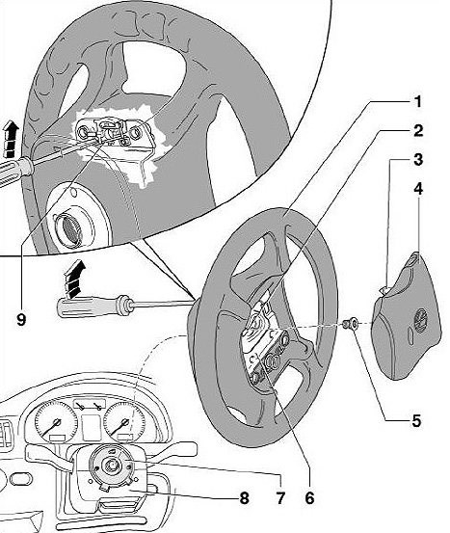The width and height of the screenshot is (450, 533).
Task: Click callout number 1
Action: pos(417,101)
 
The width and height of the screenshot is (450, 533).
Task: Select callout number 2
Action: pos(418,131)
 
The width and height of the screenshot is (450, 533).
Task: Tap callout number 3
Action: pos(418,159)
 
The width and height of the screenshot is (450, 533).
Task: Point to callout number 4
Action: pos(418,188)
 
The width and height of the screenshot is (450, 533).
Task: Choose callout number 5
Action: pos(416,421)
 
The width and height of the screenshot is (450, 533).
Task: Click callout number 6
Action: pos(309,498)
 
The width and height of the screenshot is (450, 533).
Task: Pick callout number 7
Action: pos(280,498)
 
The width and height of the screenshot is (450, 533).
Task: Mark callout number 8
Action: pos(244,498)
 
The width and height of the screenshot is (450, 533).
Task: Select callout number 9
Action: pos(21,319)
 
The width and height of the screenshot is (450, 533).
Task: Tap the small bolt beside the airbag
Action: pos(350,323)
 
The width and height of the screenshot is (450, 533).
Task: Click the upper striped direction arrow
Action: pos(11,140)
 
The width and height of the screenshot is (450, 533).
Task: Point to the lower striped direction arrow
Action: pos(75,279)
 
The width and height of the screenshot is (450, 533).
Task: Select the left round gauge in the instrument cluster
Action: pos(55,422)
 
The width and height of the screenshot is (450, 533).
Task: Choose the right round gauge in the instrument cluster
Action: pos(124,422)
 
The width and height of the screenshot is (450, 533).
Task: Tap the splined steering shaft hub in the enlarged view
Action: pos(69,227)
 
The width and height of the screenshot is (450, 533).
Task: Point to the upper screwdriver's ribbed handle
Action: pos(15,171)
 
